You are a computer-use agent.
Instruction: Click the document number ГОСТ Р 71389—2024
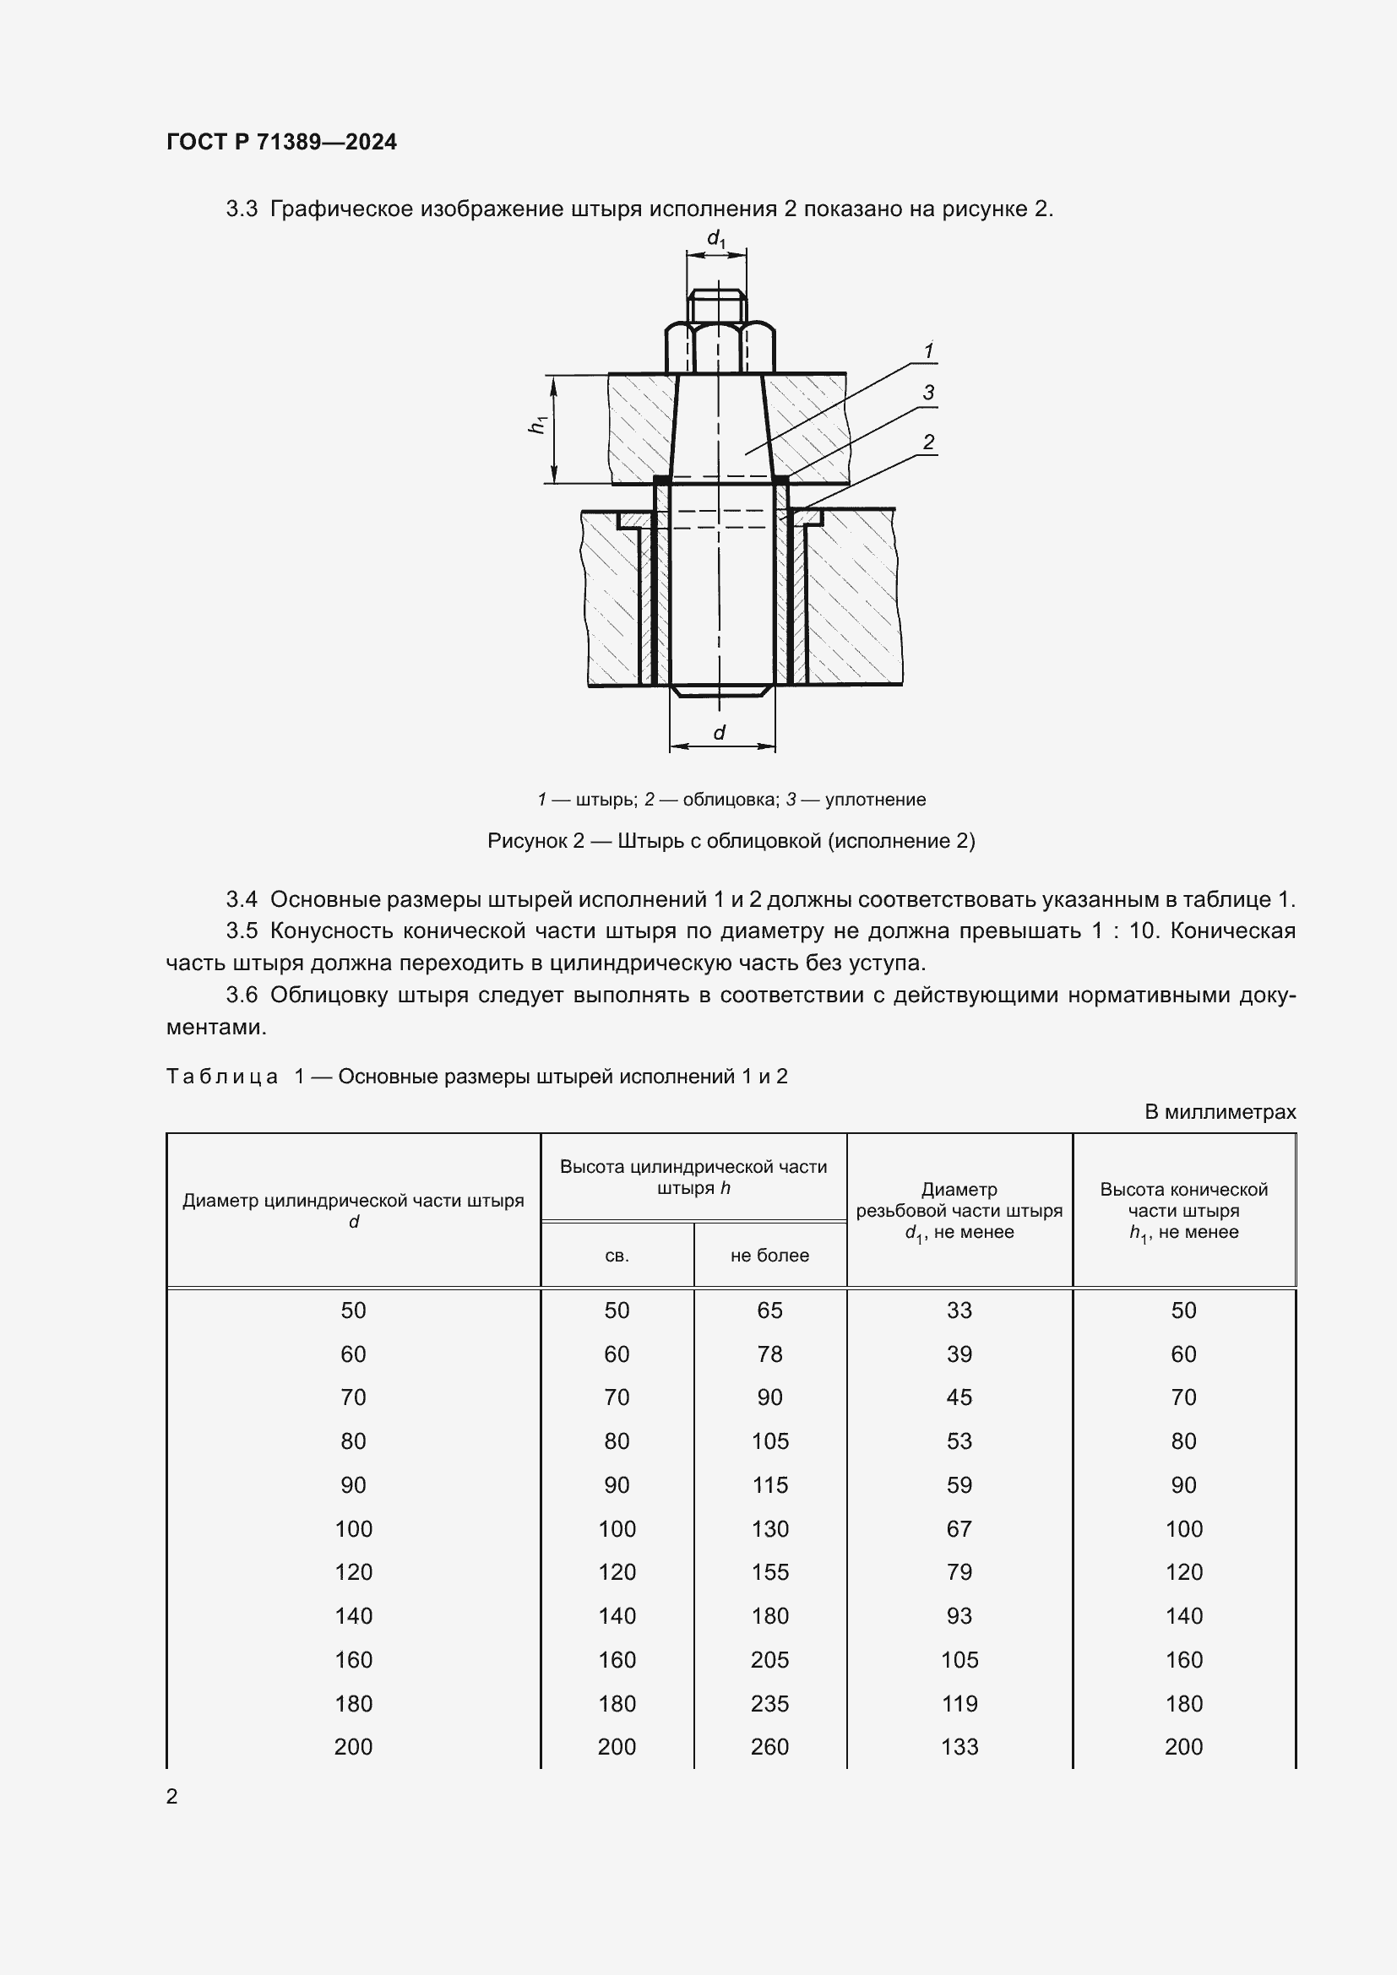coord(281,142)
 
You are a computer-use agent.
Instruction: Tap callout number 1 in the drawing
coord(928,351)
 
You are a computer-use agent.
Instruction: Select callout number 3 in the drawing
coord(928,393)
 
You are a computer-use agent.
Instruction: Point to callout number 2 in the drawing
coord(928,442)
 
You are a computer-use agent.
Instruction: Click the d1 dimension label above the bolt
coord(715,238)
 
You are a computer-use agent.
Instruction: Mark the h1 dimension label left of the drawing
coord(539,424)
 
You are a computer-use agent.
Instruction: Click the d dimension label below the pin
coord(719,732)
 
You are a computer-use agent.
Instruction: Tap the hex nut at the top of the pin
coord(720,347)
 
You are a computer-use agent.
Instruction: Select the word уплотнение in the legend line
coord(875,799)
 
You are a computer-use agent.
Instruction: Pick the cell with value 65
coord(769,1310)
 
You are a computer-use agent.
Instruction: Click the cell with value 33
coord(959,1310)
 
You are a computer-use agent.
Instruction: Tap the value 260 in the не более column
coord(769,1746)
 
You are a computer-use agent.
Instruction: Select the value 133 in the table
coord(959,1746)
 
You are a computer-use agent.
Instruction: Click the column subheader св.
coord(617,1256)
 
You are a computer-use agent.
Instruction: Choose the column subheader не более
coord(769,1256)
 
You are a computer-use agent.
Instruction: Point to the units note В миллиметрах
coord(1220,1112)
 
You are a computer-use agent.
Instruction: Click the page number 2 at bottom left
coord(172,1796)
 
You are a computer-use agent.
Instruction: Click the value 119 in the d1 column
coord(959,1703)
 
